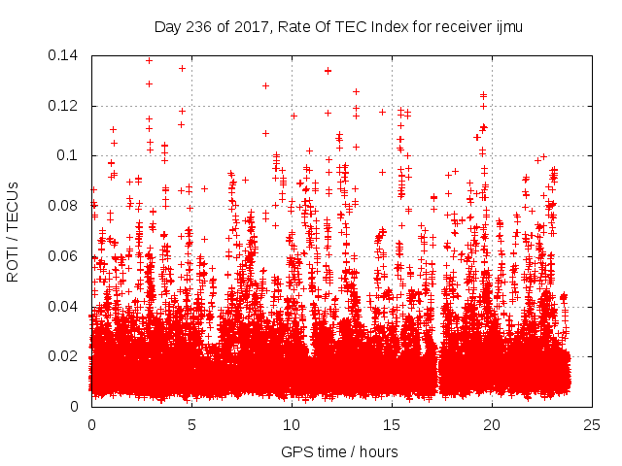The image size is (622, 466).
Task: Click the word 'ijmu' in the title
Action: click(508, 27)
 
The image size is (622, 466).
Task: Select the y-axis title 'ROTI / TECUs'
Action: click(14, 231)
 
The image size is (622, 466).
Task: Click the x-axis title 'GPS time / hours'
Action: click(339, 451)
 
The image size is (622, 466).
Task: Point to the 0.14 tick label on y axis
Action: click(67, 55)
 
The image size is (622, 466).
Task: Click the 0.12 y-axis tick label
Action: click(67, 106)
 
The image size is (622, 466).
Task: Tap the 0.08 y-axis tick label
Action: click(67, 206)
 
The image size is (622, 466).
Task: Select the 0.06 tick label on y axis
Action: click(67, 256)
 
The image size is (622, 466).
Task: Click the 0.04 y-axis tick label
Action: click(67, 307)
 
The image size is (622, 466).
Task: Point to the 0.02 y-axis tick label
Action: click(67, 356)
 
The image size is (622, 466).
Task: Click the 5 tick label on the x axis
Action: click(191, 424)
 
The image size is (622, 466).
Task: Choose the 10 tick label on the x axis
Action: click(292, 424)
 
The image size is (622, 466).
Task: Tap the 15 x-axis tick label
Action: click(392, 424)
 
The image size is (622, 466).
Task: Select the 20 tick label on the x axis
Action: click(492, 424)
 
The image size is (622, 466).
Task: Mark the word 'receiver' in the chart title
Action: click(455, 27)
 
